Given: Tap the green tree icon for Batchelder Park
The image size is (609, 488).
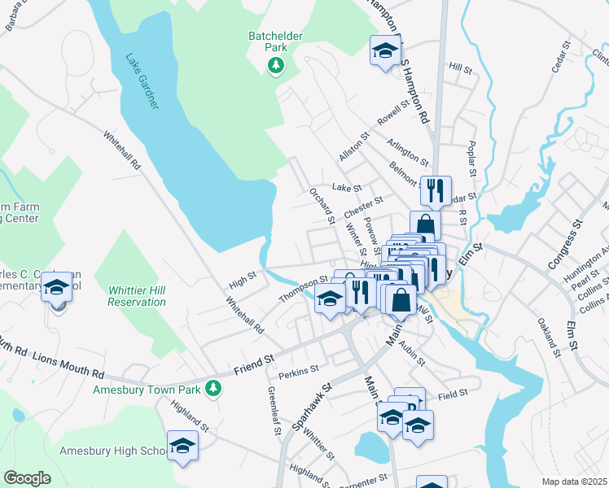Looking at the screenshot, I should [x=276, y=65].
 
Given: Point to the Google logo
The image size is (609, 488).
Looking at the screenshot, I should [x=27, y=478].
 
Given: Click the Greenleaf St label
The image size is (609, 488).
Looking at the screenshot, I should [x=274, y=411].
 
